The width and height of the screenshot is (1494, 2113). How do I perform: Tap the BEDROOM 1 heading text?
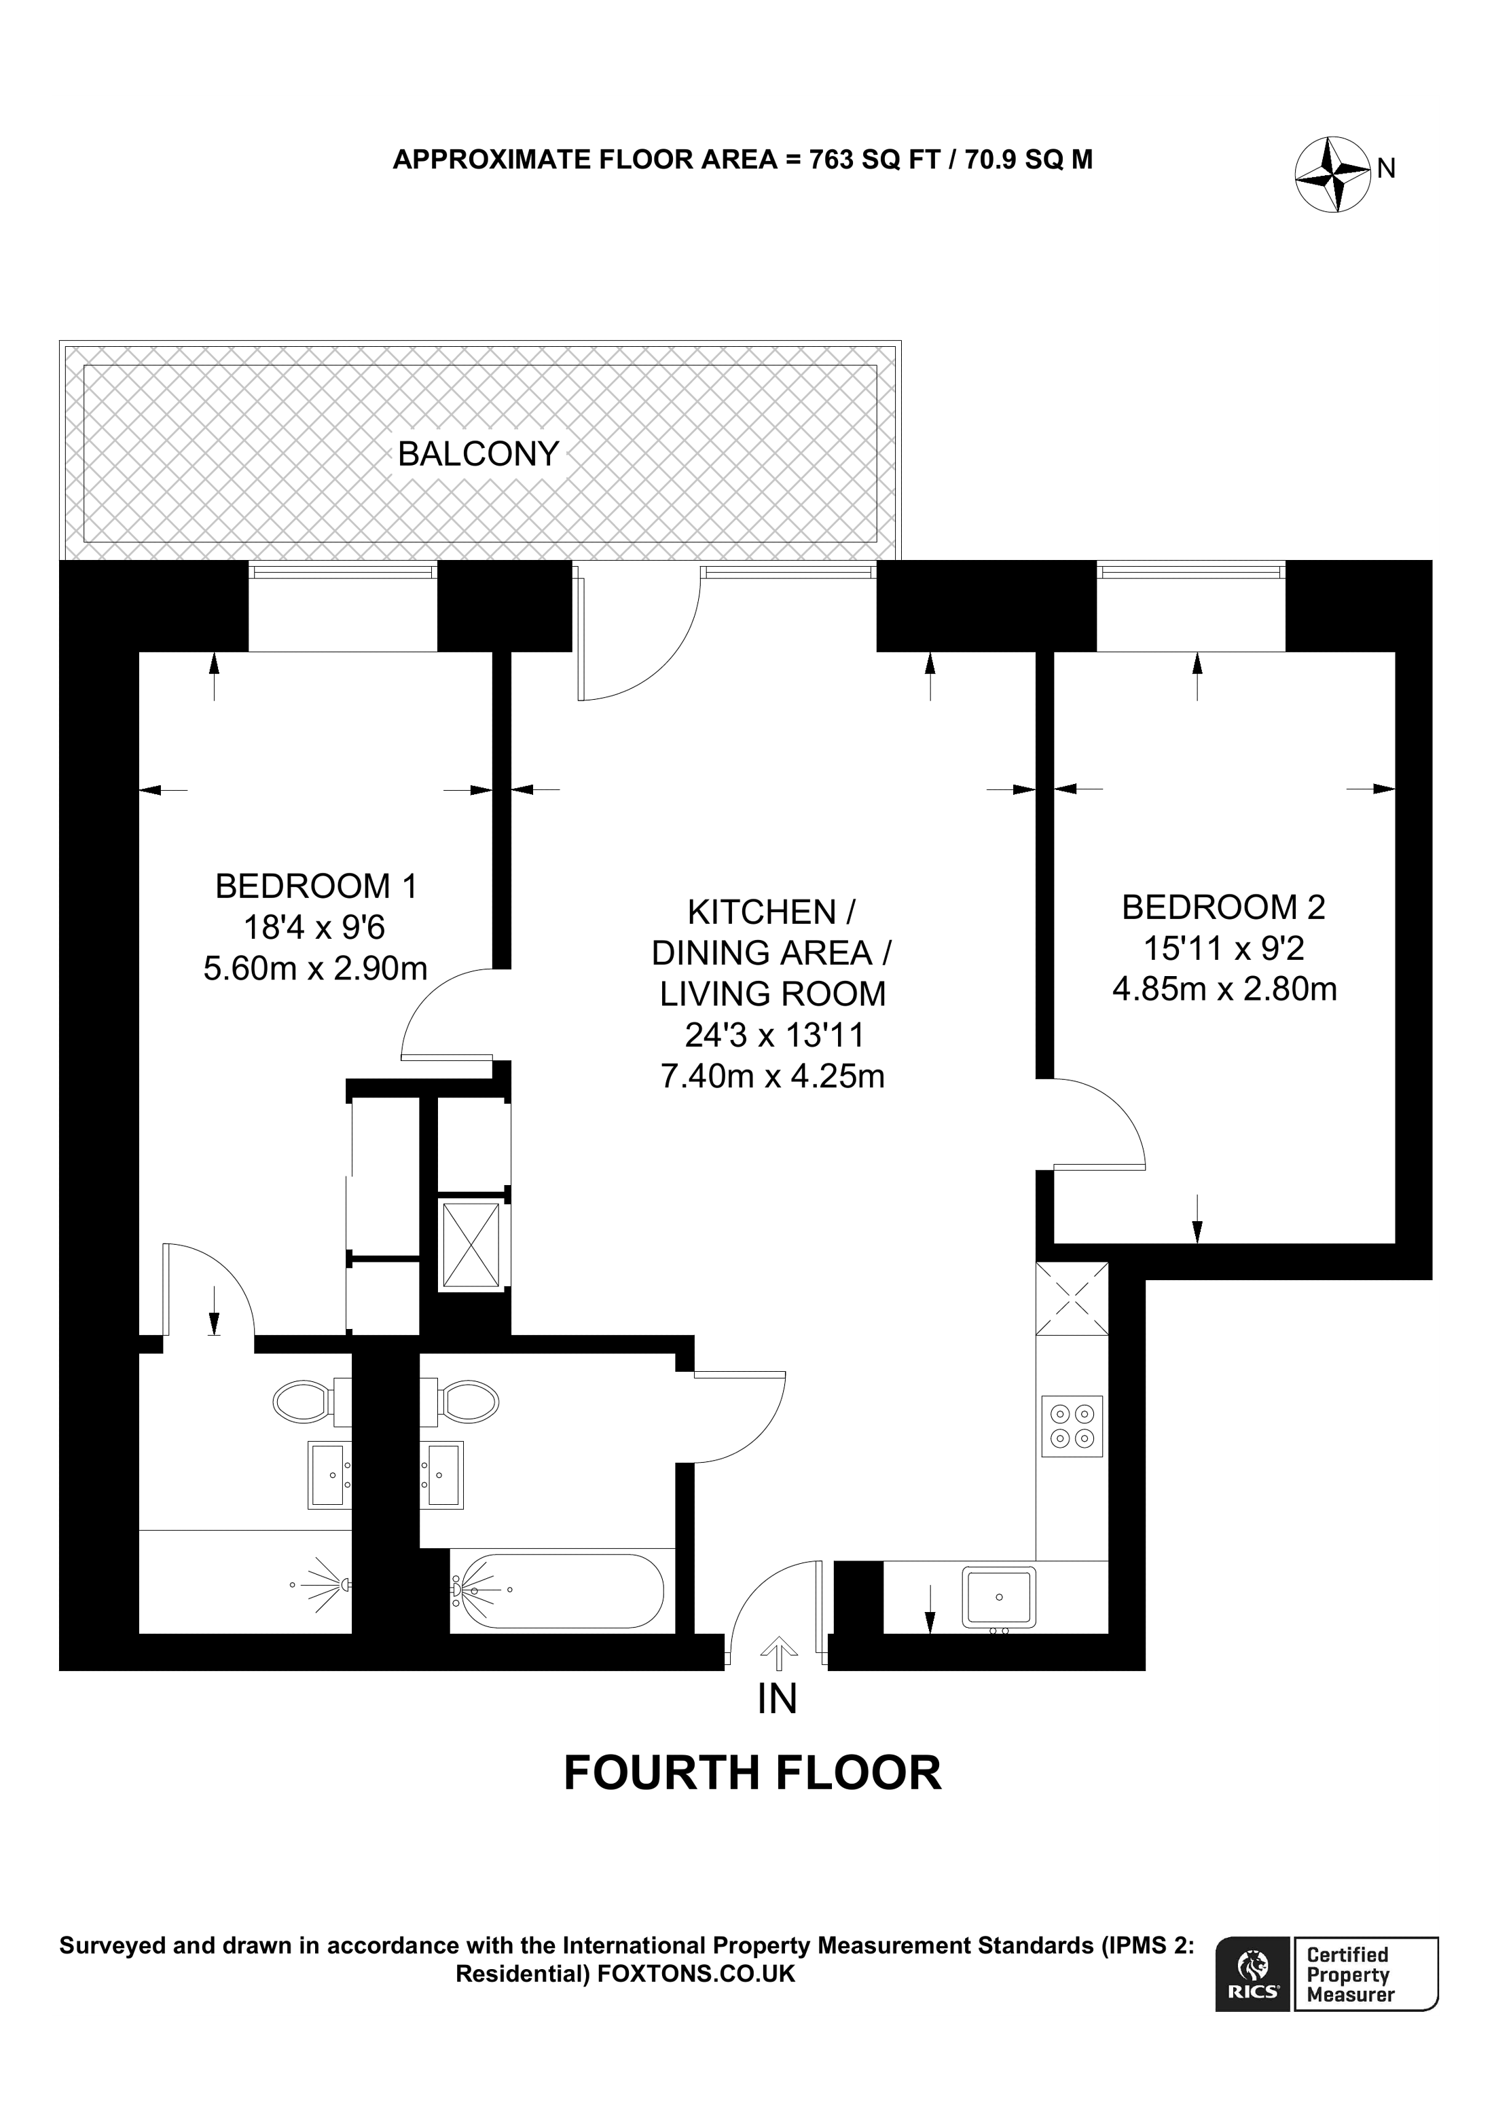pos(316,886)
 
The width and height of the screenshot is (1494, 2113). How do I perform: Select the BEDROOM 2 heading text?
pos(1222,908)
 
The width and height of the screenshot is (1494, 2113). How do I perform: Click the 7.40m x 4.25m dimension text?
pos(772,1076)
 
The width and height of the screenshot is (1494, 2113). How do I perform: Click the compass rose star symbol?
pos(1332,174)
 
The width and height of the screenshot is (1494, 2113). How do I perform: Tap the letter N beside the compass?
pos(1386,169)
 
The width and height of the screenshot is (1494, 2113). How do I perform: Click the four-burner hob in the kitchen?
pos(1072,1427)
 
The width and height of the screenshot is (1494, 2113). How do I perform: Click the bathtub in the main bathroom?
pos(557,1590)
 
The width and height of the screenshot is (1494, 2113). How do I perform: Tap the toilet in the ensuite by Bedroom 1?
pos(304,1402)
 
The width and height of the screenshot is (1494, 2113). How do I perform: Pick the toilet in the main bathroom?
pos(469,1402)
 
